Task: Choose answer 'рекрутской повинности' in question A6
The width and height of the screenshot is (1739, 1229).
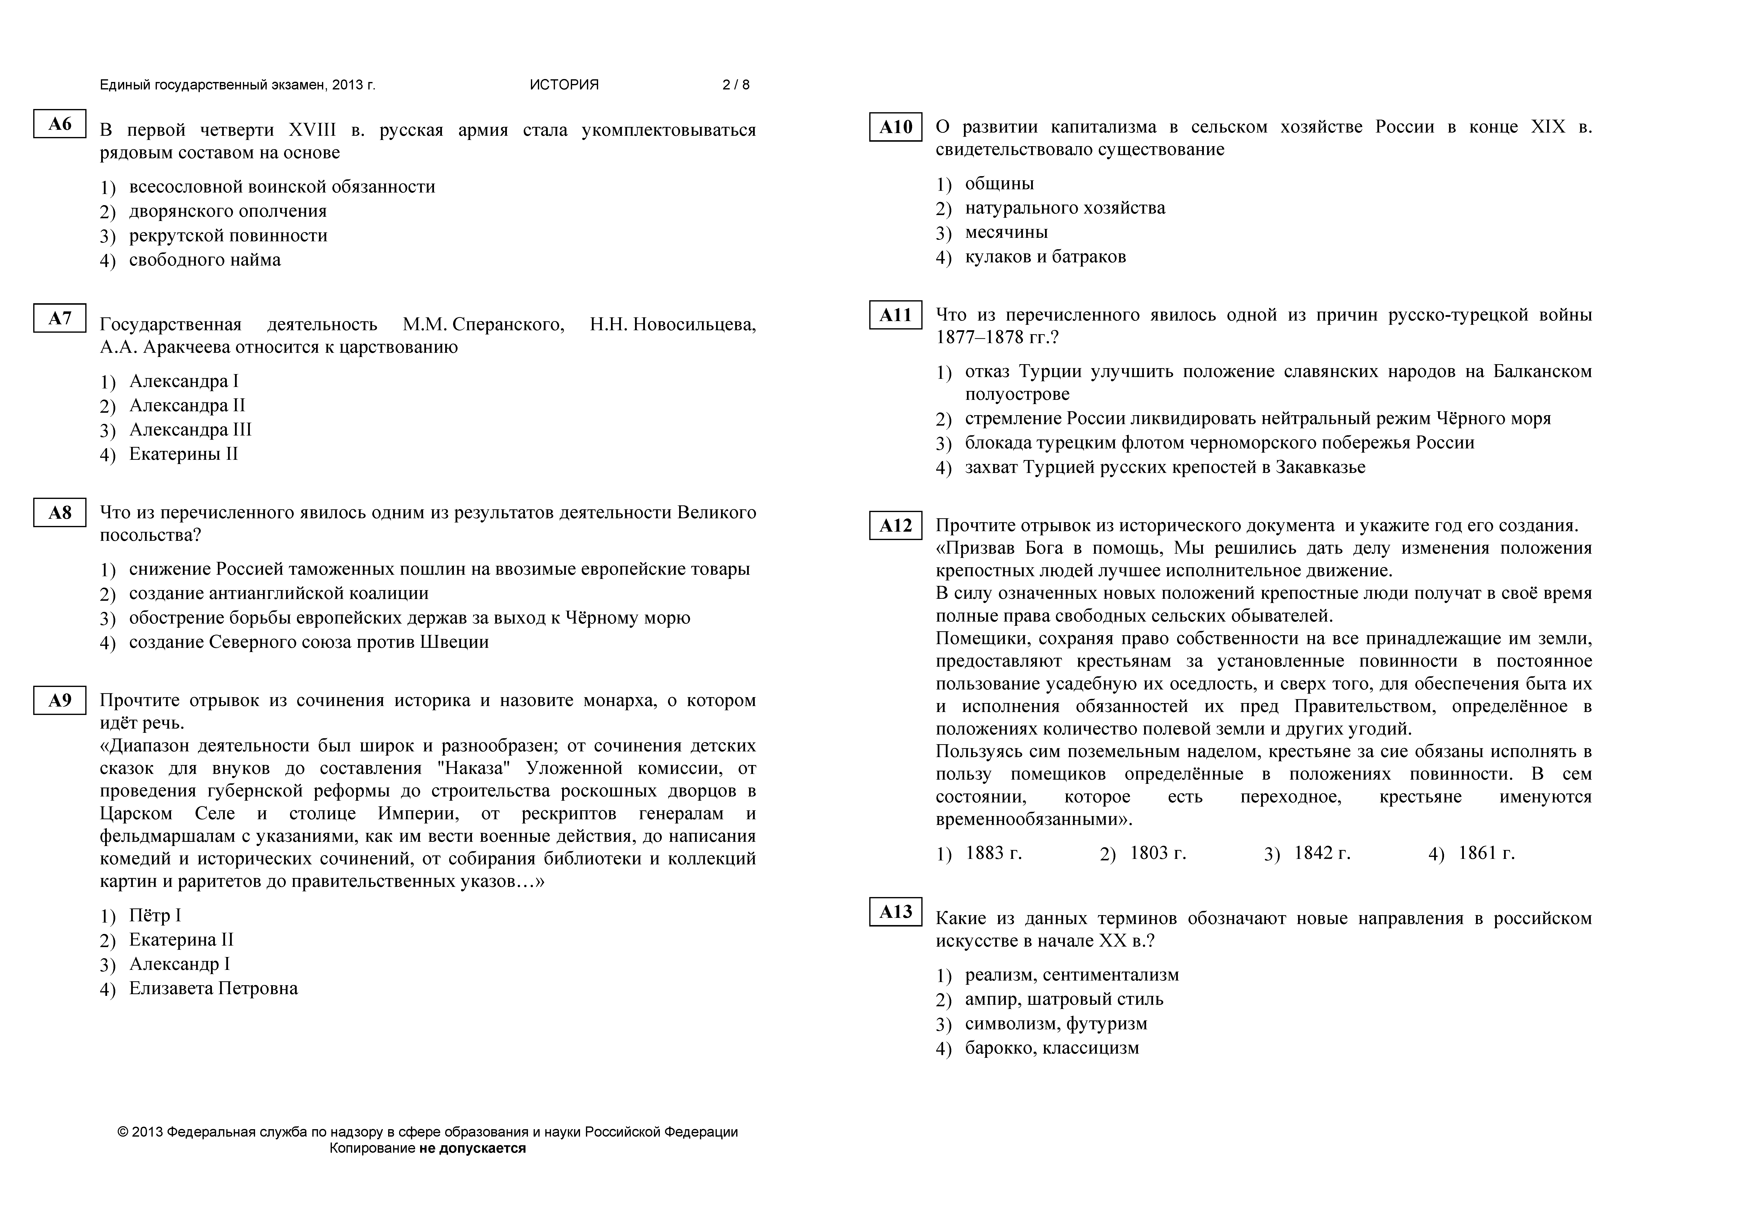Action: coord(228,236)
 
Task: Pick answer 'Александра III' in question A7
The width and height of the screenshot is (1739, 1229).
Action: coord(190,430)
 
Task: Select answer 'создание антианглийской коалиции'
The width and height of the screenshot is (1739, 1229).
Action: coord(279,594)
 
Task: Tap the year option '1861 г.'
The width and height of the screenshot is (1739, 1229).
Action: coord(1486,853)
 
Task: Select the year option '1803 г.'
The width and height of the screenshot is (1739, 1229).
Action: coord(1157,853)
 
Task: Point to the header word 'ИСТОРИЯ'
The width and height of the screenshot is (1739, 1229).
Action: coord(564,85)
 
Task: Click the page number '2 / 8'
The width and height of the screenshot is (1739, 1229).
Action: coord(735,85)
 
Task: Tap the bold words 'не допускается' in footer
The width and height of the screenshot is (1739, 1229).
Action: coord(472,1148)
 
